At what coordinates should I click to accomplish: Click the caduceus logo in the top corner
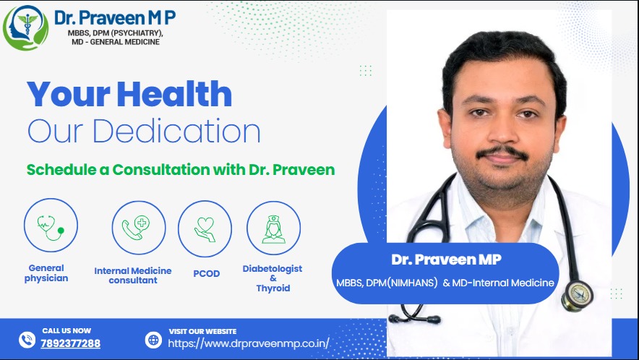tap(26, 27)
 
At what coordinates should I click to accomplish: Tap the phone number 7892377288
tap(71, 343)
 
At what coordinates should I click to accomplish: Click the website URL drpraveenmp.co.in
tap(249, 343)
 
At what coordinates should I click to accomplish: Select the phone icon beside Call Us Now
tap(27, 340)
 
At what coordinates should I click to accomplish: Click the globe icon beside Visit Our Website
tap(154, 340)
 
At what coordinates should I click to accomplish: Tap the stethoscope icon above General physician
tap(51, 225)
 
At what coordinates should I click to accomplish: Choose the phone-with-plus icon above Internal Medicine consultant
tap(139, 228)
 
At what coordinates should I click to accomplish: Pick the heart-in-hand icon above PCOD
tap(205, 228)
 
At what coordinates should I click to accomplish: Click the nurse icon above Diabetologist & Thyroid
tap(273, 228)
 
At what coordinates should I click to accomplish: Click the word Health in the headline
tap(174, 94)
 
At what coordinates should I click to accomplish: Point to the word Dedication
tap(176, 132)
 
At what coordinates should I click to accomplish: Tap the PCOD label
tap(206, 273)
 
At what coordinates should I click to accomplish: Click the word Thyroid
tap(273, 288)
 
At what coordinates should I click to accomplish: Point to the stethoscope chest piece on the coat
tap(577, 295)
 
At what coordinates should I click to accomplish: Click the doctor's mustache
tap(502, 153)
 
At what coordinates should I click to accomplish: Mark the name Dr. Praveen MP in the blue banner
tap(446, 260)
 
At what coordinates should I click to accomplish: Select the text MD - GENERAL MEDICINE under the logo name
tap(116, 42)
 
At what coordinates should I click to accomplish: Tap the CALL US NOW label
tap(67, 330)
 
